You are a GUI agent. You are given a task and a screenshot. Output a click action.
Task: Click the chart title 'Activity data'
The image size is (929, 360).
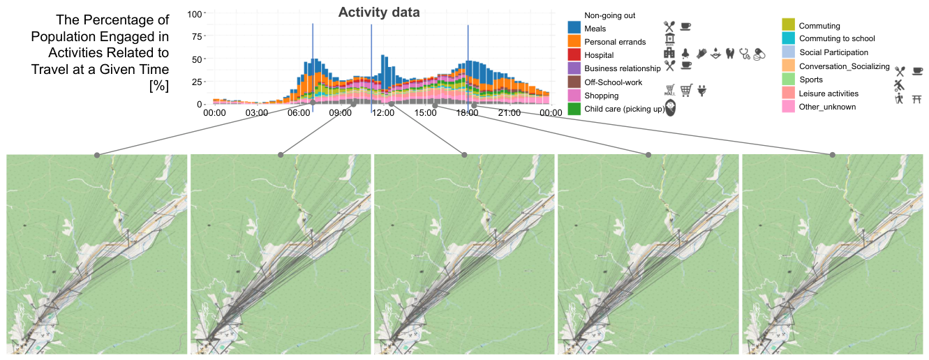[379, 13]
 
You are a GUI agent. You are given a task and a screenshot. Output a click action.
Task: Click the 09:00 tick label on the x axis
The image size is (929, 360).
[340, 113]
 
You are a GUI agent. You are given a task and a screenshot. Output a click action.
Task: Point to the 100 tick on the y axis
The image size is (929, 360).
[194, 14]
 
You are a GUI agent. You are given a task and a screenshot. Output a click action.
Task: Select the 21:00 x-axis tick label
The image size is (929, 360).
[509, 113]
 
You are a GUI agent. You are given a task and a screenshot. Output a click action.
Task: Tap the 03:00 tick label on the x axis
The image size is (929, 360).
[256, 113]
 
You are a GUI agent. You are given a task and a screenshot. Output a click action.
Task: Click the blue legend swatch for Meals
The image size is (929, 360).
[574, 28]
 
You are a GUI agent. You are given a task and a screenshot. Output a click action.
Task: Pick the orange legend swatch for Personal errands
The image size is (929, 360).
[574, 41]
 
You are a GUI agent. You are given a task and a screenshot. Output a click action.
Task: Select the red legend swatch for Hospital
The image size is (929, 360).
[574, 54]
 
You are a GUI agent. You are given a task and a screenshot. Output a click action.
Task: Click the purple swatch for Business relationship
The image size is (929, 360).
[574, 68]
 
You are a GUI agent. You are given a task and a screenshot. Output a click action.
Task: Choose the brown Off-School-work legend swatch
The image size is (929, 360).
[574, 82]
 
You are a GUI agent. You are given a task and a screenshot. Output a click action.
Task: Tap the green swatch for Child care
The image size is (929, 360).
[574, 109]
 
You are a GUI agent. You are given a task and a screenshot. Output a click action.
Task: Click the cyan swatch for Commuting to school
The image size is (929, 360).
[789, 38]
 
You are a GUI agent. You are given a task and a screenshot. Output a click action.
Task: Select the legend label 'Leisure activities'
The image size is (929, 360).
[828, 93]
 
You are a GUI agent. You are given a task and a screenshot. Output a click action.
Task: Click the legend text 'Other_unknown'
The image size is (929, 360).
[827, 107]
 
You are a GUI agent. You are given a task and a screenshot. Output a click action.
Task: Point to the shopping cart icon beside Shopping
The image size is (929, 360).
[686, 90]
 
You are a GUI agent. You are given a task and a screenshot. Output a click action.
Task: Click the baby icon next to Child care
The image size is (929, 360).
[670, 108]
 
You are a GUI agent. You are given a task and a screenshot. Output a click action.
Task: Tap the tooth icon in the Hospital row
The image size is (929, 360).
[730, 54]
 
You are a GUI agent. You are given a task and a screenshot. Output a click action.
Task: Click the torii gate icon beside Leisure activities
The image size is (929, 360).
[916, 98]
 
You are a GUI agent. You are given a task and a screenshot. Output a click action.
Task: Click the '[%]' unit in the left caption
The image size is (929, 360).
[159, 87]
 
